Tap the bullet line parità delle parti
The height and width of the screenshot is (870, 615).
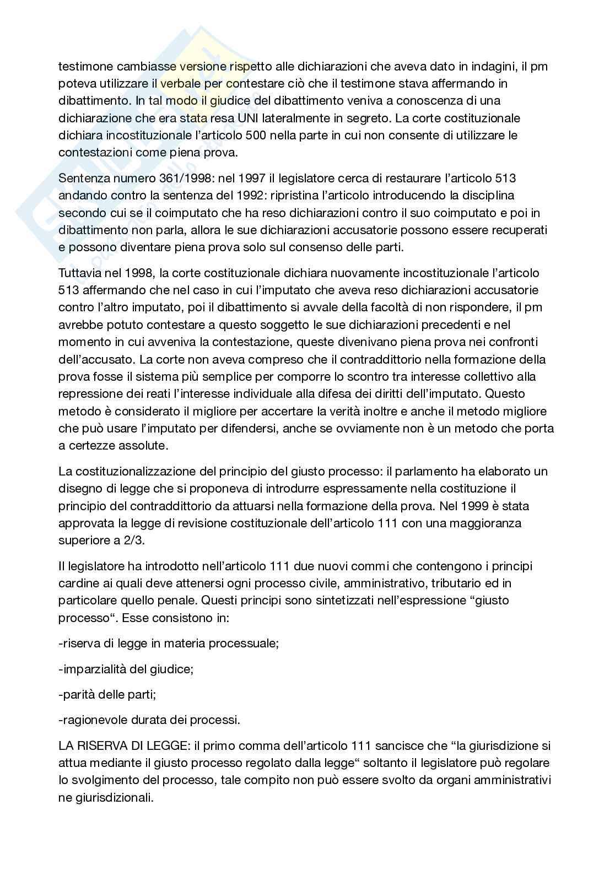107,694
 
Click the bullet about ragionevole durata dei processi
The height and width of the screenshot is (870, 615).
149,720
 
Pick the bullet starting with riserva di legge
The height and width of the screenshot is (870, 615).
168,643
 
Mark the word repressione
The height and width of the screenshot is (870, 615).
90,394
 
